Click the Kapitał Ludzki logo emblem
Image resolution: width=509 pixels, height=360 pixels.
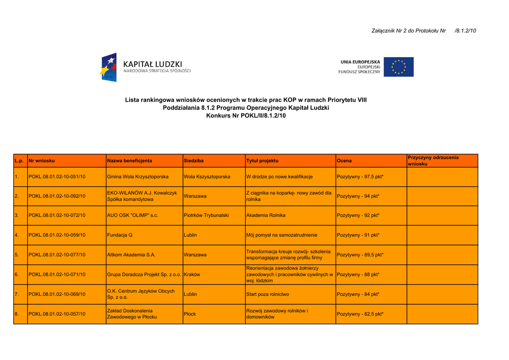click(x=108, y=68)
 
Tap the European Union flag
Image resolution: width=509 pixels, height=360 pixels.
click(x=402, y=67)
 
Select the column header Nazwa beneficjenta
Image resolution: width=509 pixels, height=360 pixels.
click(x=129, y=161)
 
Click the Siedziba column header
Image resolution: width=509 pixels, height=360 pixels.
click(x=193, y=161)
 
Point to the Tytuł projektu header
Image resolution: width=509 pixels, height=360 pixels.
click(x=262, y=161)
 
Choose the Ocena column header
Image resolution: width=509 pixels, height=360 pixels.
click(x=344, y=161)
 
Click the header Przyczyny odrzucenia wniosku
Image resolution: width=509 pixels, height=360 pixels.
click(x=433, y=161)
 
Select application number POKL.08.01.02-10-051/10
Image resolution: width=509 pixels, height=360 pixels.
click(x=57, y=177)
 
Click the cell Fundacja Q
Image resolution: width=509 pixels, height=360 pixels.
click(x=120, y=235)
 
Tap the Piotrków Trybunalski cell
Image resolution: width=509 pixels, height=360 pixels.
click(x=206, y=215)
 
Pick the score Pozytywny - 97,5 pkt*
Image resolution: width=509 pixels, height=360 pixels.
click(x=360, y=177)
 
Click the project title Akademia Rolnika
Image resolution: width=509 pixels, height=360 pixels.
click(x=265, y=215)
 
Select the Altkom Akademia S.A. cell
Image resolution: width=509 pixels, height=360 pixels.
click(x=131, y=255)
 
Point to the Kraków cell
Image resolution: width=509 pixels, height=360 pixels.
click(x=192, y=274)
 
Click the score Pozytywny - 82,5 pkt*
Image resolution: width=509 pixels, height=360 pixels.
click(x=360, y=314)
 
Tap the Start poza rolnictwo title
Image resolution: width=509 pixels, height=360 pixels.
click(x=267, y=294)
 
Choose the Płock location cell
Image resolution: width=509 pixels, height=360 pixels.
click(x=189, y=314)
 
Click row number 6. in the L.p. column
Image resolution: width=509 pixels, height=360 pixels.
click(x=16, y=274)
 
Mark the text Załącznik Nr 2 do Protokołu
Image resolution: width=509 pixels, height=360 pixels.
click(x=408, y=31)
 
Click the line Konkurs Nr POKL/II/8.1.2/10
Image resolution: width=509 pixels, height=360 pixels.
click(x=246, y=116)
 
